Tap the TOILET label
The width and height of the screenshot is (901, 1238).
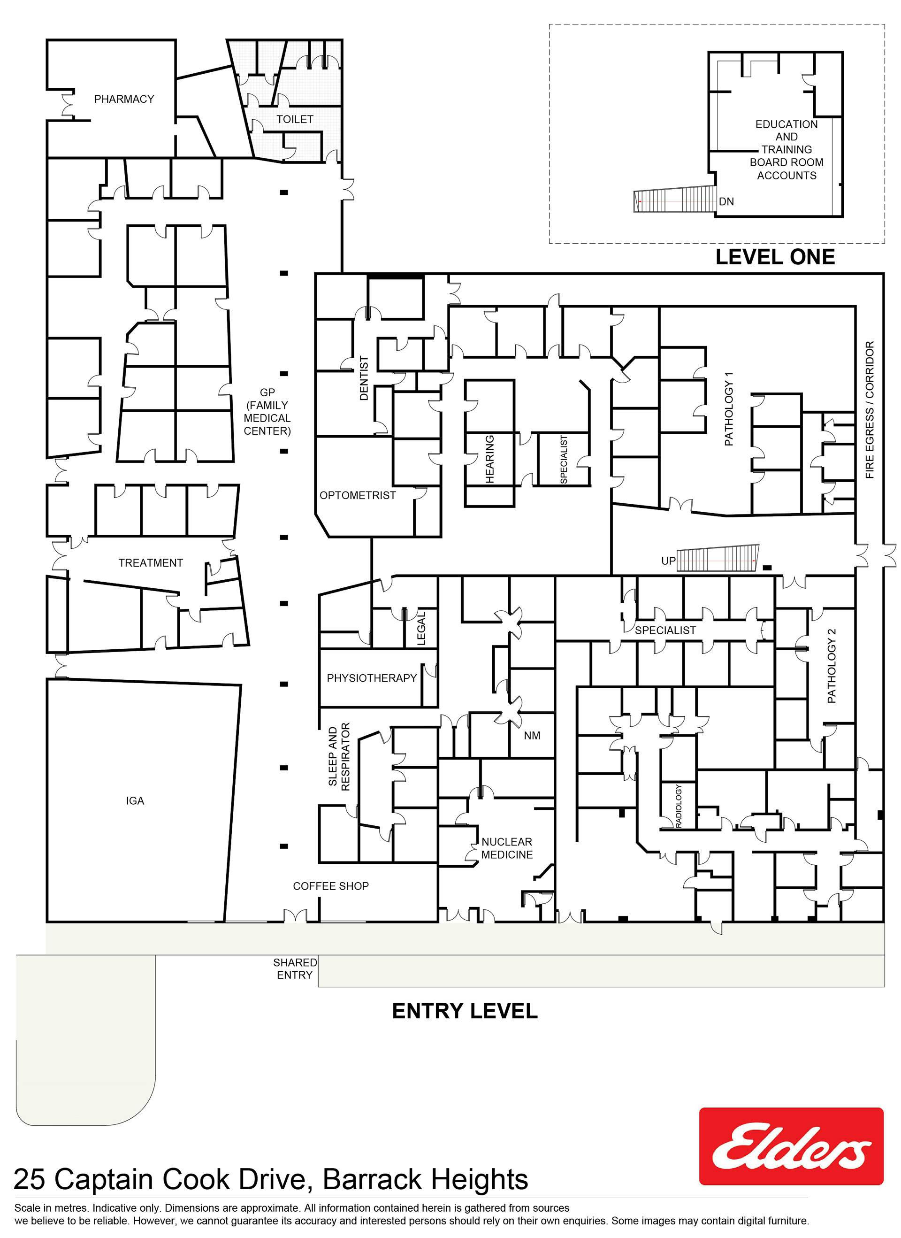(295, 119)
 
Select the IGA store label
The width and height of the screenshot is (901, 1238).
(135, 801)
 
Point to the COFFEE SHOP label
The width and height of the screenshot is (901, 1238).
(331, 886)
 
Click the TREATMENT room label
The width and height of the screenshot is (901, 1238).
(151, 563)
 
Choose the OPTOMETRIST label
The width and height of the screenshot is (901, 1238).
(358, 495)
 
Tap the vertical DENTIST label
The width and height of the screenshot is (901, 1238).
(364, 378)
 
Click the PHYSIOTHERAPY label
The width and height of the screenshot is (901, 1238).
(372, 678)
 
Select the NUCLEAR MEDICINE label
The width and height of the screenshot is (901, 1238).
(507, 848)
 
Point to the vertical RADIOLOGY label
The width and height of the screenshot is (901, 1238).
(679, 806)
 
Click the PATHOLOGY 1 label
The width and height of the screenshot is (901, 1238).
(729, 409)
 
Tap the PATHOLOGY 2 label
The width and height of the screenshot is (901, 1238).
(831, 666)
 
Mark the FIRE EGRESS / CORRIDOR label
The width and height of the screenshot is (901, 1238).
(870, 410)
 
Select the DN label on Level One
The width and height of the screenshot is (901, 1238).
(726, 201)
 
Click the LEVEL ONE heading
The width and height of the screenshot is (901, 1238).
(775, 257)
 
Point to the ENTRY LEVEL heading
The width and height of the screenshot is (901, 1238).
(465, 1011)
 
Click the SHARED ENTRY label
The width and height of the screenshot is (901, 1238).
(295, 969)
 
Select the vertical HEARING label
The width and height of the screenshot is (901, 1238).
(489, 459)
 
